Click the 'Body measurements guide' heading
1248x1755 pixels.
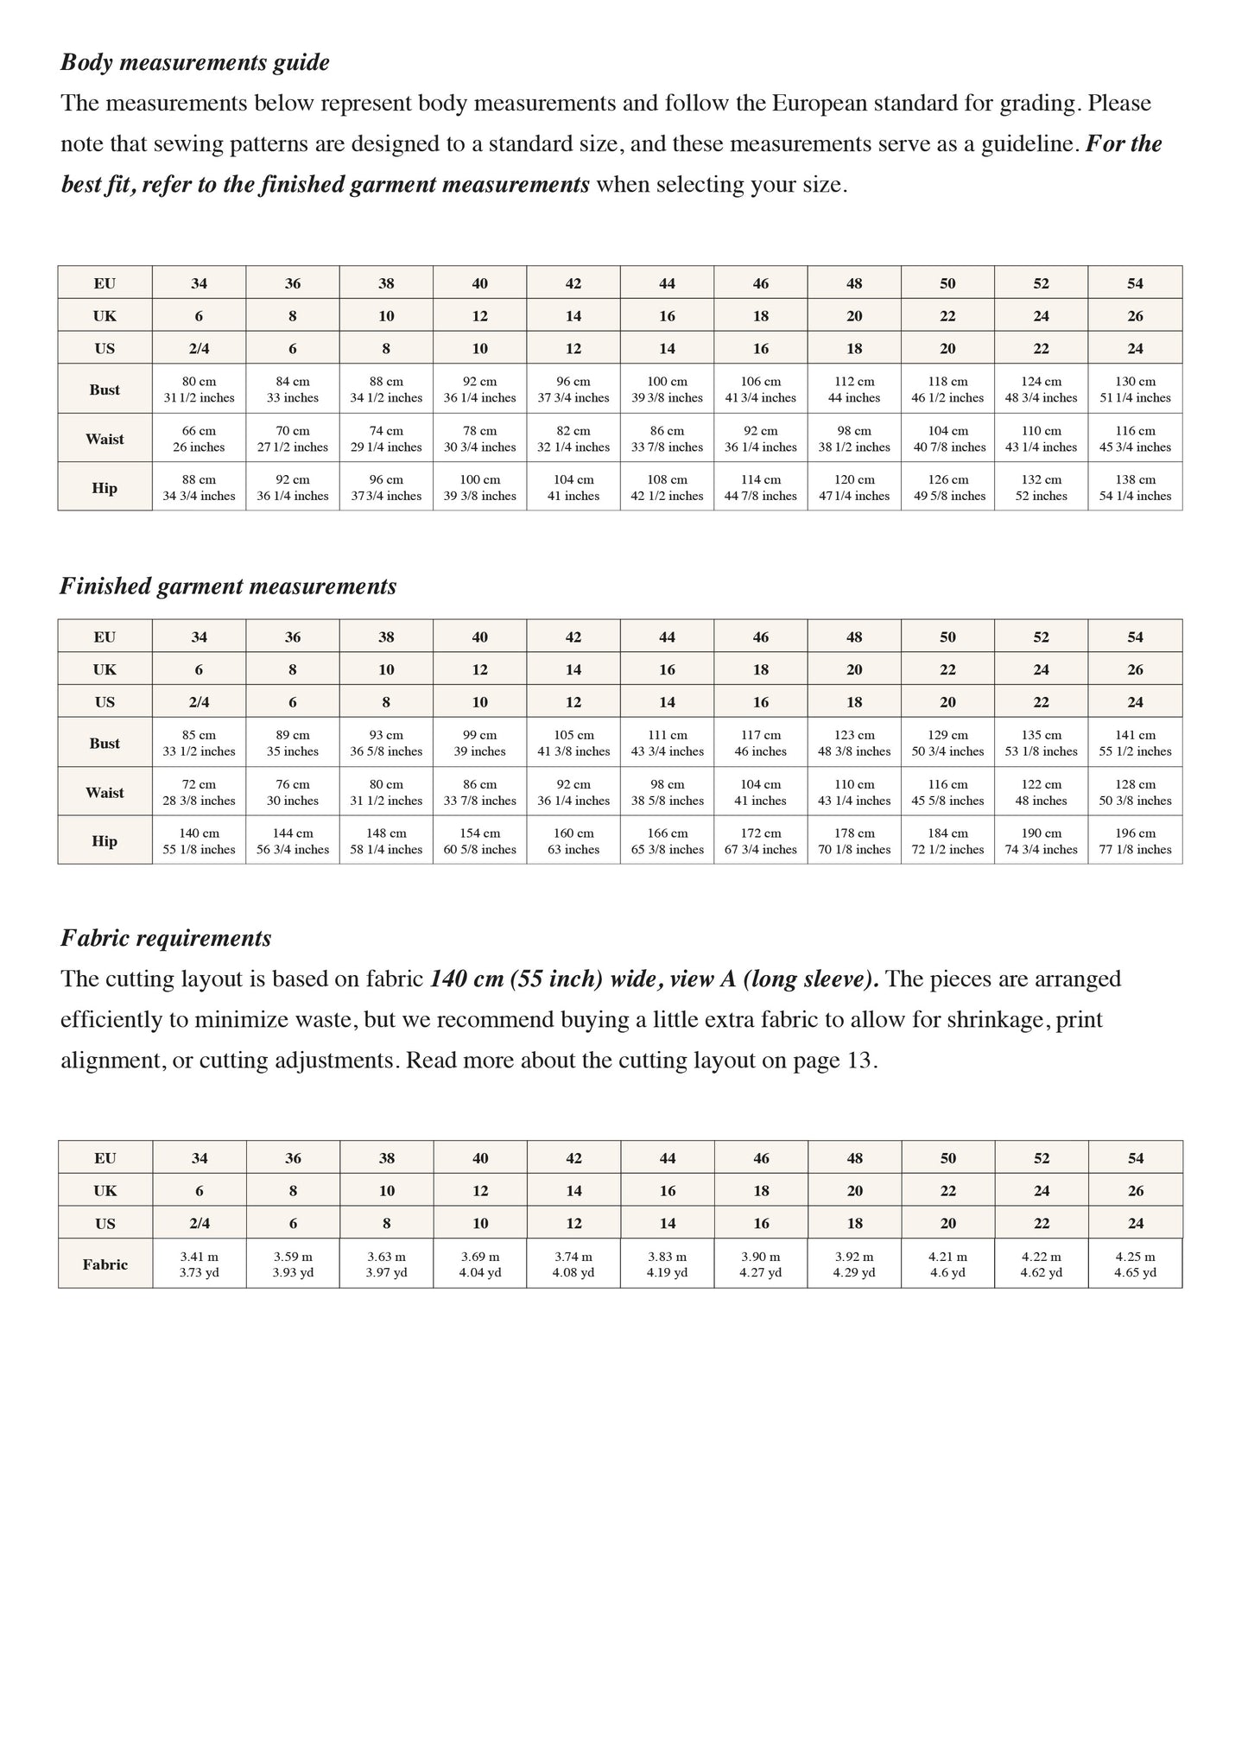tap(195, 63)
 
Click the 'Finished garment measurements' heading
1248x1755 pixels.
tap(228, 586)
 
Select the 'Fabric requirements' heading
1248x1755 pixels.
tap(166, 938)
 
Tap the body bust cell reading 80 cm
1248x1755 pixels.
tap(199, 389)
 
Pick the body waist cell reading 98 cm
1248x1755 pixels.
tap(854, 438)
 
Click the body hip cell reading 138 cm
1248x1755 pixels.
tap(1135, 487)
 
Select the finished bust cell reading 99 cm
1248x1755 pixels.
tap(479, 743)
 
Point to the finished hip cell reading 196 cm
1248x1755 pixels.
tap(1135, 840)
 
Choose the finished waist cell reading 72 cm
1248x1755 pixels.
tap(199, 792)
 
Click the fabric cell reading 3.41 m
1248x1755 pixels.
tap(200, 1264)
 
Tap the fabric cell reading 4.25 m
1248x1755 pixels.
tap(1135, 1264)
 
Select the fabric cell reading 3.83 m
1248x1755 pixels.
tap(667, 1264)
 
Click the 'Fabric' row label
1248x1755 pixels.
tap(105, 1264)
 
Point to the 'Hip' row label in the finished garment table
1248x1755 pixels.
tap(105, 841)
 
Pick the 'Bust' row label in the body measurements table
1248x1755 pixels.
tap(105, 390)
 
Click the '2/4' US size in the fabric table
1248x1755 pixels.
tap(200, 1223)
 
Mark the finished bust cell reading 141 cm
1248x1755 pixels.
tap(1135, 743)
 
